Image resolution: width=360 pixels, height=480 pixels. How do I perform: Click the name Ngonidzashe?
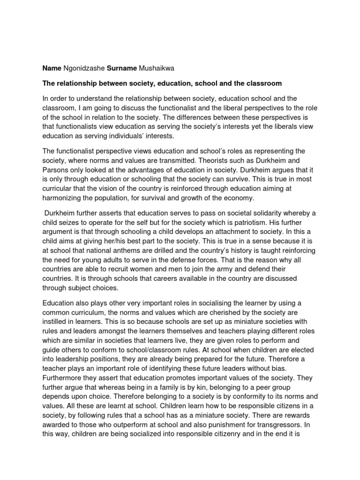[83, 68]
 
